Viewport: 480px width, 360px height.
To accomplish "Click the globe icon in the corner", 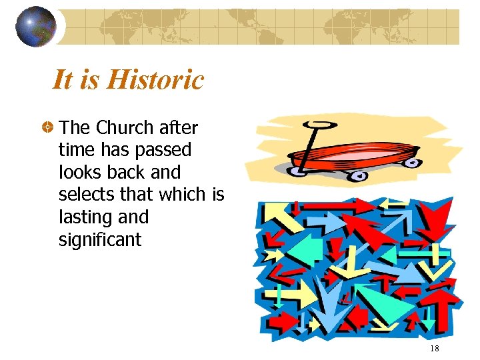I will click(x=35, y=27).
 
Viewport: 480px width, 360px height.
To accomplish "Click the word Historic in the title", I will click(x=155, y=80).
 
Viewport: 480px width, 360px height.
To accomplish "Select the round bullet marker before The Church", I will click(x=48, y=127).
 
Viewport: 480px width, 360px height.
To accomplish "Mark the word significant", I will click(x=100, y=240).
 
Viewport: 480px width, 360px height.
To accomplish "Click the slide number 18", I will click(x=435, y=349).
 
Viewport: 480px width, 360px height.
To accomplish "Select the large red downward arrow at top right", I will click(x=433, y=220).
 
